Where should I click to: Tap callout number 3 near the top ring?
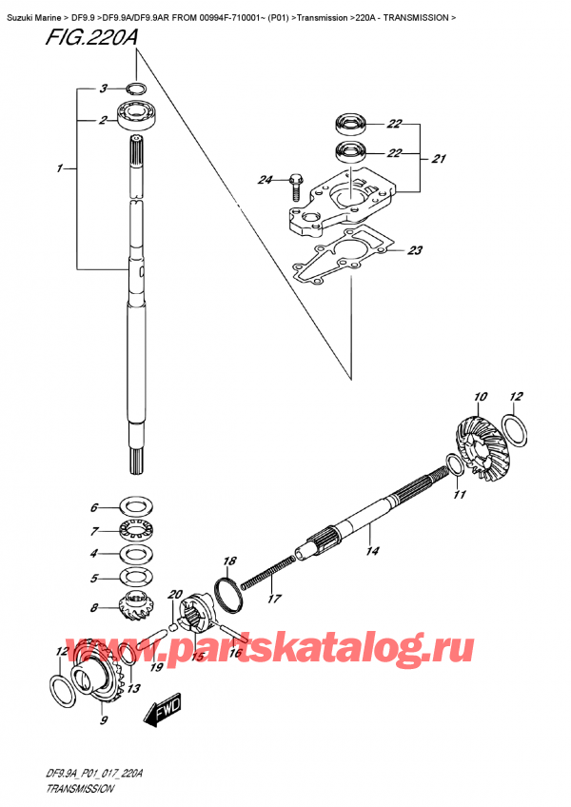101,89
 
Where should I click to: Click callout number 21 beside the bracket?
438,159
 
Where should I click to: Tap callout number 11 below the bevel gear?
460,495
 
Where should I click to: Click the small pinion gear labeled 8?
130,603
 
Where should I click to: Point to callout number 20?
172,596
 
